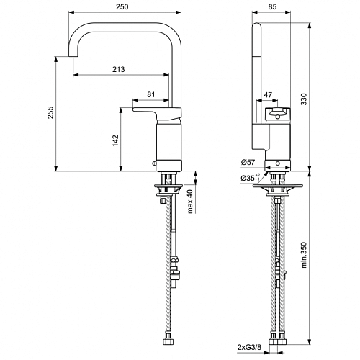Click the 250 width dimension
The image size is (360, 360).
(122, 6)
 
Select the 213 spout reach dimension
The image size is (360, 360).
(119, 69)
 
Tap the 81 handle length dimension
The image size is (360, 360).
(150, 94)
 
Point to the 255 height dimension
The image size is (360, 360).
(50, 112)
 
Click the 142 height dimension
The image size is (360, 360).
(115, 140)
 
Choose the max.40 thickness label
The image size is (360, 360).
(190, 202)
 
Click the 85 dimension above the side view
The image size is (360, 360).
(272, 6)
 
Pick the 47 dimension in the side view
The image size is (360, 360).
(268, 95)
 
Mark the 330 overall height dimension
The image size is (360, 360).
(304, 99)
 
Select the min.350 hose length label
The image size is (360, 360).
(304, 255)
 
